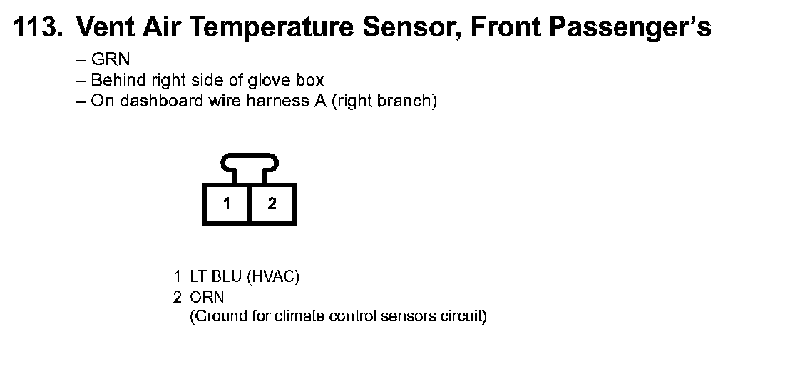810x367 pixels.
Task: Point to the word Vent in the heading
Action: tap(101, 27)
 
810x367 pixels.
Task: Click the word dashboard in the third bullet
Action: tap(147, 101)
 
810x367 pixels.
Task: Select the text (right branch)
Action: tap(384, 101)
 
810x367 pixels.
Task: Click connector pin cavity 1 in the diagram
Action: tap(226, 204)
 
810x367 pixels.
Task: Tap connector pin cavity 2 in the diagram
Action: tap(272, 204)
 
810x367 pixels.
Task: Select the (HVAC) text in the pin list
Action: tap(273, 278)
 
